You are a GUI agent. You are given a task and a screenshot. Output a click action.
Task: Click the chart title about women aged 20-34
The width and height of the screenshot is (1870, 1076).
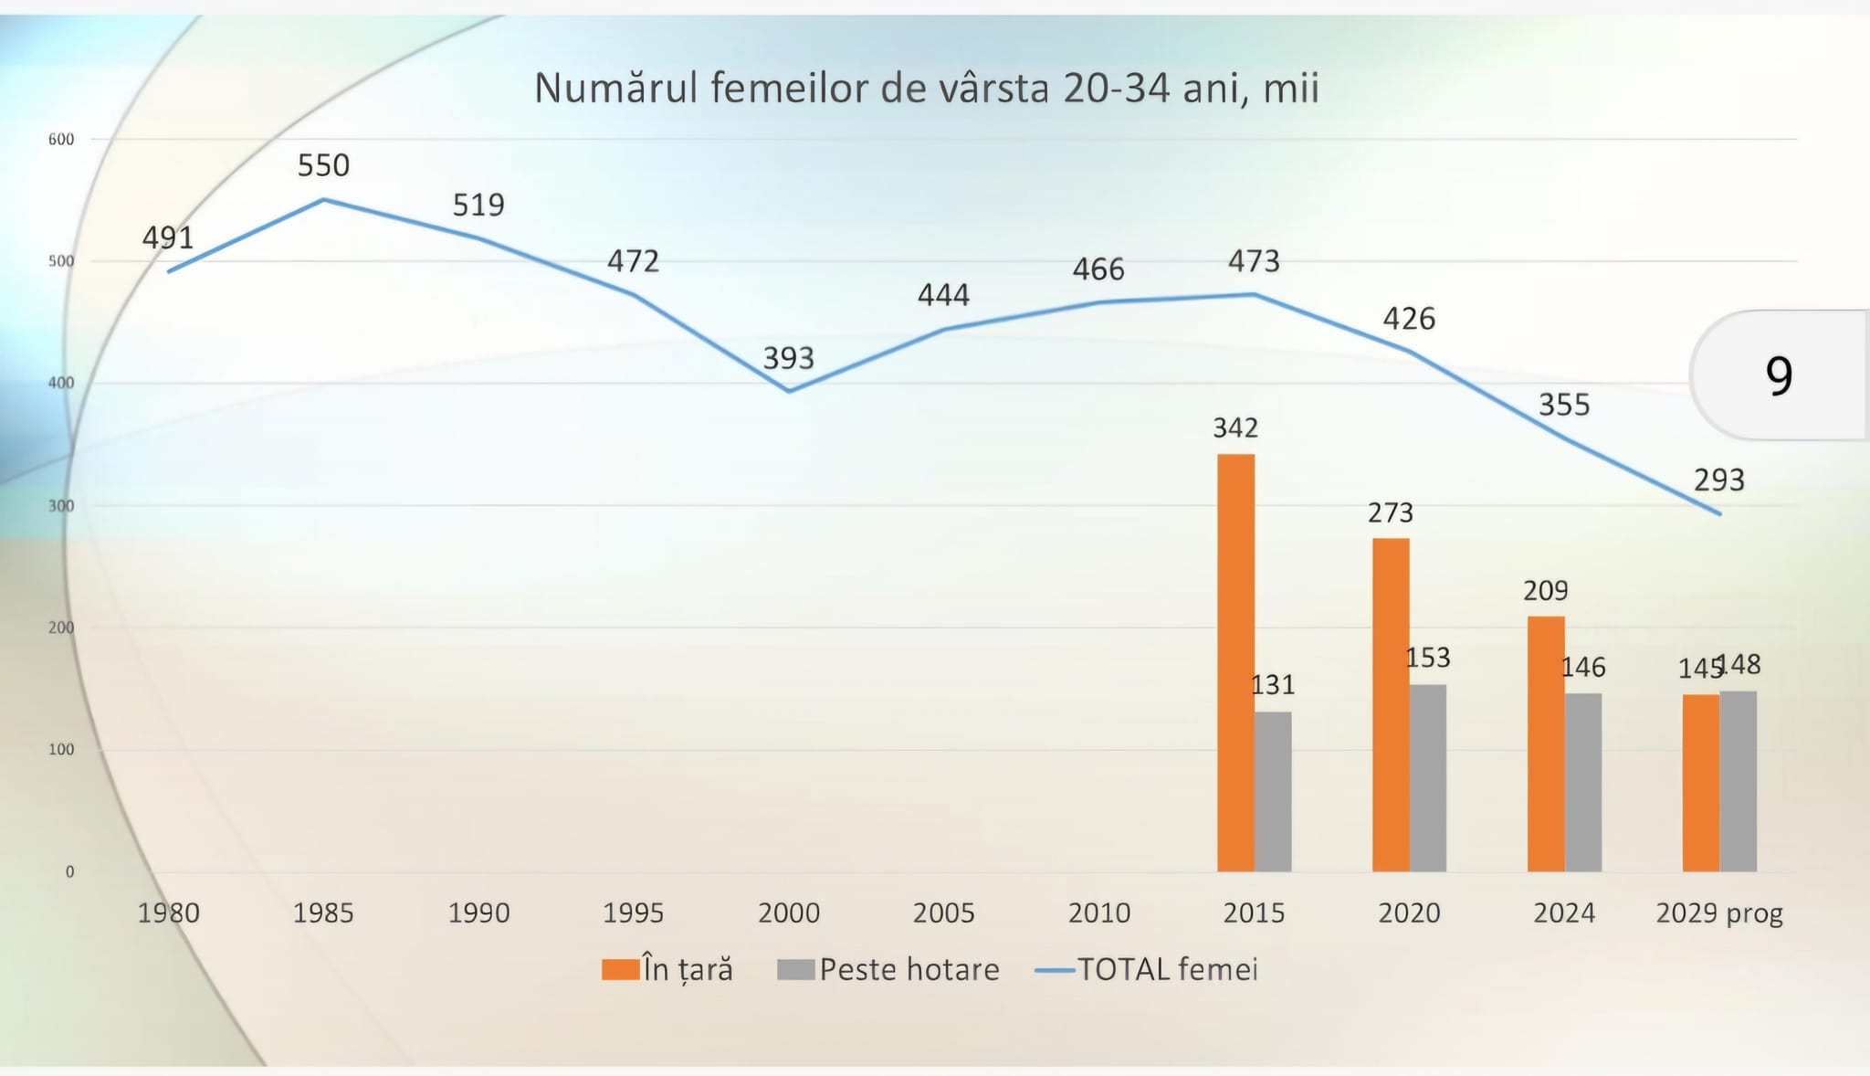pos(926,89)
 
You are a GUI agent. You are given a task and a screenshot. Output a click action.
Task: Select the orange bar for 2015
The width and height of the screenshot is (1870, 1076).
pos(1235,662)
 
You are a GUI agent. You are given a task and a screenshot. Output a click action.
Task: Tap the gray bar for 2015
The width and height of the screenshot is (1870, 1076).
pos(1273,791)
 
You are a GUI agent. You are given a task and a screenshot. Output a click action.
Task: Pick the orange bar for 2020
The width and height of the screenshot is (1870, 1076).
pos(1391,704)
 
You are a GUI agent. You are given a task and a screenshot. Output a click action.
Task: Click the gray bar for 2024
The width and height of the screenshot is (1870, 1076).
pos(1583,782)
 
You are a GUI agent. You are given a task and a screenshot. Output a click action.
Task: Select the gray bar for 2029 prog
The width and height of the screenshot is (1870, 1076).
pos(1739,781)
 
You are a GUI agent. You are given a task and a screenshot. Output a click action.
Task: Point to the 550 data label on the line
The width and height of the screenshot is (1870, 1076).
pos(323,165)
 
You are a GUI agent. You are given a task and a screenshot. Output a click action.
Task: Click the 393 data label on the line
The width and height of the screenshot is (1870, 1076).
pos(788,358)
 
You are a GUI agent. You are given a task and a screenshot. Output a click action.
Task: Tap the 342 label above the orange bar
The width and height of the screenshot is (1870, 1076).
pos(1235,427)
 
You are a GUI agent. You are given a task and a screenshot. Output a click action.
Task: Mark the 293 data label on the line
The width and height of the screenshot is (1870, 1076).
pos(1719,480)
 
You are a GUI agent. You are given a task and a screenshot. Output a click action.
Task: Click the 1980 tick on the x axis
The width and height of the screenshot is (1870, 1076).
pos(168,912)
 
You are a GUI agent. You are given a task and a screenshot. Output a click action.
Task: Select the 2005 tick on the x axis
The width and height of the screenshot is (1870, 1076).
pos(943,912)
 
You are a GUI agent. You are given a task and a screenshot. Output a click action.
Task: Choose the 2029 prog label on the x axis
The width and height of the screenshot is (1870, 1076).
pos(1719,912)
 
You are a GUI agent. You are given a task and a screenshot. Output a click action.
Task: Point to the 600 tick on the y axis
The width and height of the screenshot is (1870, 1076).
pos(61,140)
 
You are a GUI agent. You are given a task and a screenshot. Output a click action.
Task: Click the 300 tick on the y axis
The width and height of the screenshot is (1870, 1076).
pos(61,506)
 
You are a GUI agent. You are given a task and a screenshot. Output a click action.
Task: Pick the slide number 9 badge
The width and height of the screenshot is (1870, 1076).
pos(1779,375)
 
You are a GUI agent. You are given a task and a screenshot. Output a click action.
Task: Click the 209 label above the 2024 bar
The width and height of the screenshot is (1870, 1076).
pos(1545,591)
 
